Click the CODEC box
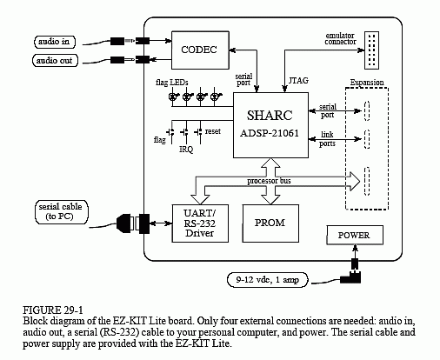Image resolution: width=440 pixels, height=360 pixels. coord(200,50)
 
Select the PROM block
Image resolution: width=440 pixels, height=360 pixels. coord(270,223)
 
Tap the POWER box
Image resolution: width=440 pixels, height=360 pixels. coord(355,235)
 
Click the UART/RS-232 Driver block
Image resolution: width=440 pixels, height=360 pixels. coord(200,223)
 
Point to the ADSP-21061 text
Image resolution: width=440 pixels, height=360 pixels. coord(270,133)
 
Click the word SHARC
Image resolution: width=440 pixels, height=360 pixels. coord(270,116)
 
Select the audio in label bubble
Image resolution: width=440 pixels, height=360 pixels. coord(55,42)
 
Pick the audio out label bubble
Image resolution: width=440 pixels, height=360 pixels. coord(55,61)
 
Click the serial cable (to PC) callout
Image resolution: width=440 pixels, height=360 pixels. coord(61,212)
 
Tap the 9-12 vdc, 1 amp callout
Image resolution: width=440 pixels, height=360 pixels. coord(267,280)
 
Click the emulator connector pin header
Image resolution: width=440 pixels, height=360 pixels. coord(371,50)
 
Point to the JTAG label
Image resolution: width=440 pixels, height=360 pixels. coord(298,80)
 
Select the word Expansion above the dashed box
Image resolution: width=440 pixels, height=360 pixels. coord(367,83)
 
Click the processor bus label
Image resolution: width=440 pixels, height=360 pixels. coord(269,181)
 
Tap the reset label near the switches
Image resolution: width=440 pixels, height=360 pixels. coord(213,131)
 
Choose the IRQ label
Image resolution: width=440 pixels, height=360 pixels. coord(186,150)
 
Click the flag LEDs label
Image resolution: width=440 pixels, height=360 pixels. coord(172,83)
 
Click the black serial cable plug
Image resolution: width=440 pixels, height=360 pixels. coord(124,223)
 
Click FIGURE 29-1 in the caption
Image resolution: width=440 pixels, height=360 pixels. coord(53,310)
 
